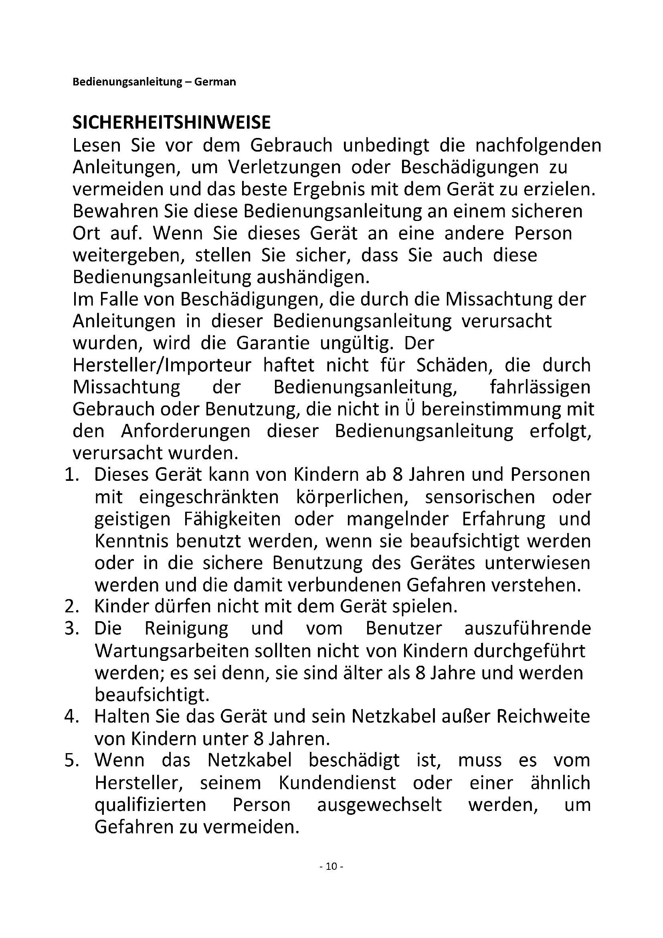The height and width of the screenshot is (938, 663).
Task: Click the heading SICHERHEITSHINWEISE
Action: pos(172,123)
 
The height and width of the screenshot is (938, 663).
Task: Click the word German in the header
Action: pos(215,82)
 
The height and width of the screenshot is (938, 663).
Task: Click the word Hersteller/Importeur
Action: pos(162,365)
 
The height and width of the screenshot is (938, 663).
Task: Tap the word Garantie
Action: pos(273,343)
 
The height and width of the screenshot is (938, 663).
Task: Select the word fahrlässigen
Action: pos(540,387)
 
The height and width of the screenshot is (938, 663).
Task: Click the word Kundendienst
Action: pos(338,783)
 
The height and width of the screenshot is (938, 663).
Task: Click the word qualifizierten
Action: pos(150,805)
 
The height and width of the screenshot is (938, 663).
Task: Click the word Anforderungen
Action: pos(186,432)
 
